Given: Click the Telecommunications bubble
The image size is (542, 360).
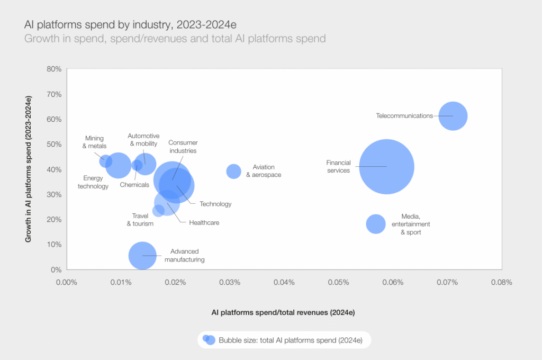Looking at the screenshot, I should coord(453,116).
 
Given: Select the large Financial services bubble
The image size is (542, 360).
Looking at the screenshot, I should coord(386,167).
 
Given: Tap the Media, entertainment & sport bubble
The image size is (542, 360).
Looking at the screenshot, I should coord(376,224).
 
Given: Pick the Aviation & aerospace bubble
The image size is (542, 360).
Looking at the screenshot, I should coord(233,171).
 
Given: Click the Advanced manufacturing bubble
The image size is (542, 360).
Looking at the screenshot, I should coord(142,256).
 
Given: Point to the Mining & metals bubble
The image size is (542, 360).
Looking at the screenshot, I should coord(105,161).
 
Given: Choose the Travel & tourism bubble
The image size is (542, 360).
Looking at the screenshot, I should coord(158,211).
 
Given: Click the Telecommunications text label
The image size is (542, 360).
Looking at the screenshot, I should coord(404,116).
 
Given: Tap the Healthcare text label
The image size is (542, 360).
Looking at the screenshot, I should coord(204,223).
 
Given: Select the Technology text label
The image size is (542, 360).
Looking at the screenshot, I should coord(215,204).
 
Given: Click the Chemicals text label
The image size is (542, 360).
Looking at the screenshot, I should coord(134,185).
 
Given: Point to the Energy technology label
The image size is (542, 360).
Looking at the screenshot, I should coord(93,182).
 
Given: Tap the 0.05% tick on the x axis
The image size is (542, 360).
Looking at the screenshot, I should coord(338,282).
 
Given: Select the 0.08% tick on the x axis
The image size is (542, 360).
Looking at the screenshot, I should coord(501,282).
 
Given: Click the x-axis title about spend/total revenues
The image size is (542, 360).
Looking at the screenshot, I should coord(283,313).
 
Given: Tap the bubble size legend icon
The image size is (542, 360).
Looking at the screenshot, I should coord(209,340).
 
